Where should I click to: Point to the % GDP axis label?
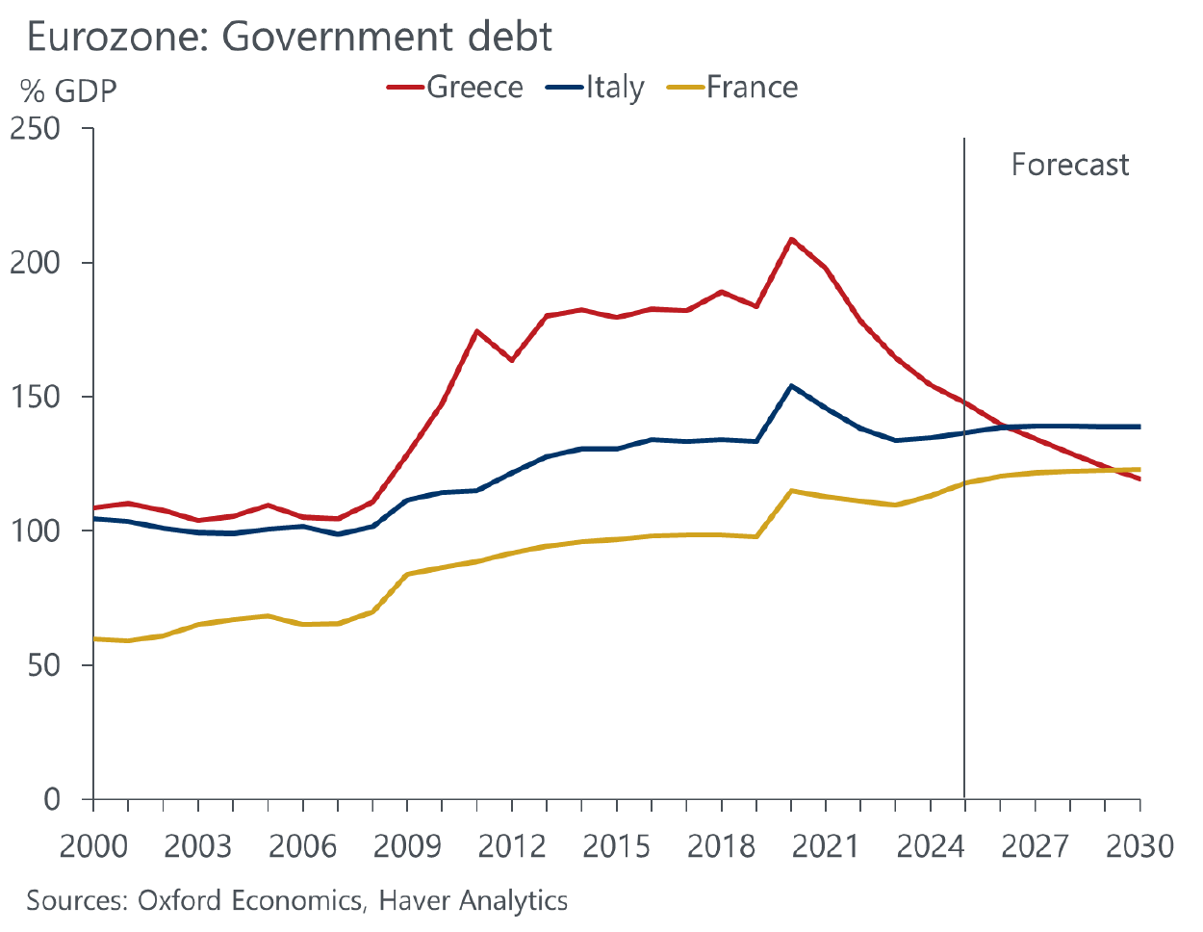coord(68,91)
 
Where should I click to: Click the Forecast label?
coord(1069,165)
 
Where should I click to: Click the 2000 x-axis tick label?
coord(93,846)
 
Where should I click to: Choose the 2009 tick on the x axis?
coord(407,846)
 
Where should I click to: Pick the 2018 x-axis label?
coord(721,846)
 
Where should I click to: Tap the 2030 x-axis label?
coord(1139,846)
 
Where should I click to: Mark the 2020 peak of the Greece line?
coord(791,239)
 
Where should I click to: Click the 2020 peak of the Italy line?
coord(791,386)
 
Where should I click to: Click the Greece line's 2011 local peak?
coord(477,331)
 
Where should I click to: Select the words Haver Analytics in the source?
coord(473,900)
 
